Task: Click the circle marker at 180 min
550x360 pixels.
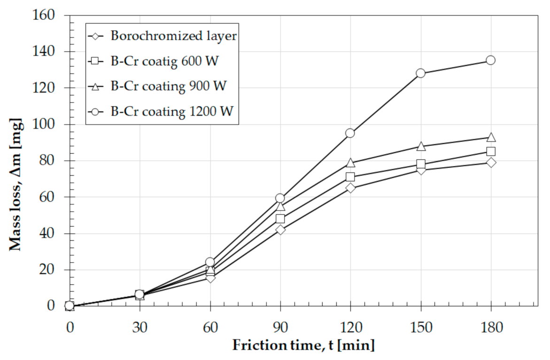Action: point(490,60)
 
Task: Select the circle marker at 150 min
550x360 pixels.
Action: point(420,73)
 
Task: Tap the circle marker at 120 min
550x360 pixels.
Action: point(350,133)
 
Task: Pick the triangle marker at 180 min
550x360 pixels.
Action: point(490,137)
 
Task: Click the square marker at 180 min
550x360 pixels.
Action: point(490,151)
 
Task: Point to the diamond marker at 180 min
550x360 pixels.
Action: point(490,163)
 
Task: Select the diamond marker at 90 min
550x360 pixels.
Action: point(280,230)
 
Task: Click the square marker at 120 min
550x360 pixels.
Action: point(350,177)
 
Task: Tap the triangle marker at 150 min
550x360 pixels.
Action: point(420,146)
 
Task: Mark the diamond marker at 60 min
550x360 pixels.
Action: point(210,278)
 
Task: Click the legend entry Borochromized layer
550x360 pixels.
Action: point(173,36)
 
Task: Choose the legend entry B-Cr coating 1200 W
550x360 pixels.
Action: point(172,111)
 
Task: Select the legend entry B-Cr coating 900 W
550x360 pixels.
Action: point(170,86)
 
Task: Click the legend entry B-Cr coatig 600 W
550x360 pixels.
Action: point(164,61)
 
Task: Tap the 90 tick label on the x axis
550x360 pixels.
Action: point(280,326)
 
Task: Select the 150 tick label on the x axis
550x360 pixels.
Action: point(420,326)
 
